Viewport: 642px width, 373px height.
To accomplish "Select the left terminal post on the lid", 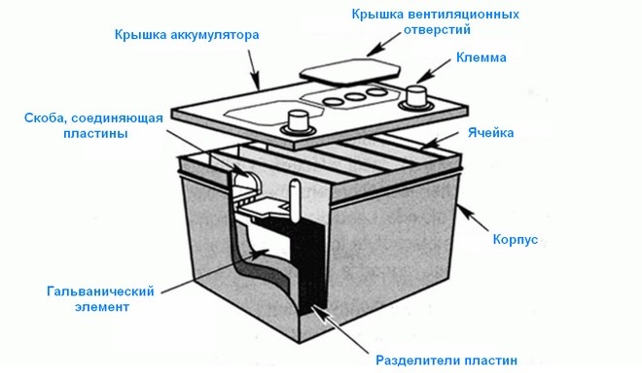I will [297, 123].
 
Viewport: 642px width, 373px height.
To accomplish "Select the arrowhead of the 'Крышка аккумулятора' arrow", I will [258, 89].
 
